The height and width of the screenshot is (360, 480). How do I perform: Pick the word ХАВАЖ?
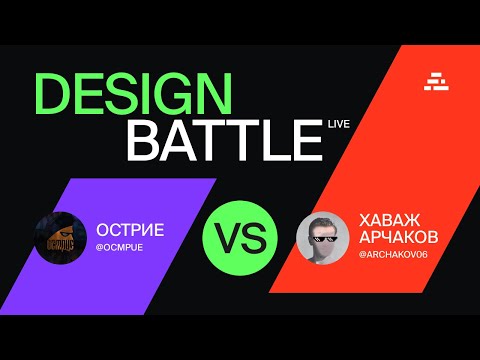(x=385, y=217)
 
